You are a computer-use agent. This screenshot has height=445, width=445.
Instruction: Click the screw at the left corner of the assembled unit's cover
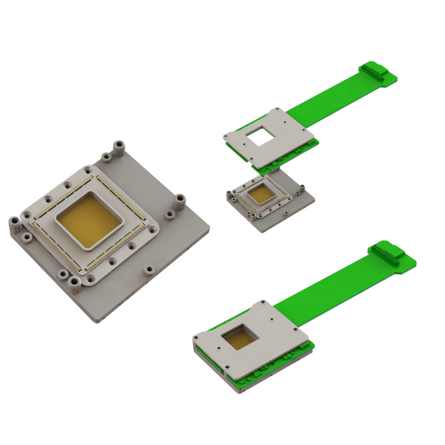(x=196, y=338)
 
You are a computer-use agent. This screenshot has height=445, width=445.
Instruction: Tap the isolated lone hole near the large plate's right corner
(x=149, y=269)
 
